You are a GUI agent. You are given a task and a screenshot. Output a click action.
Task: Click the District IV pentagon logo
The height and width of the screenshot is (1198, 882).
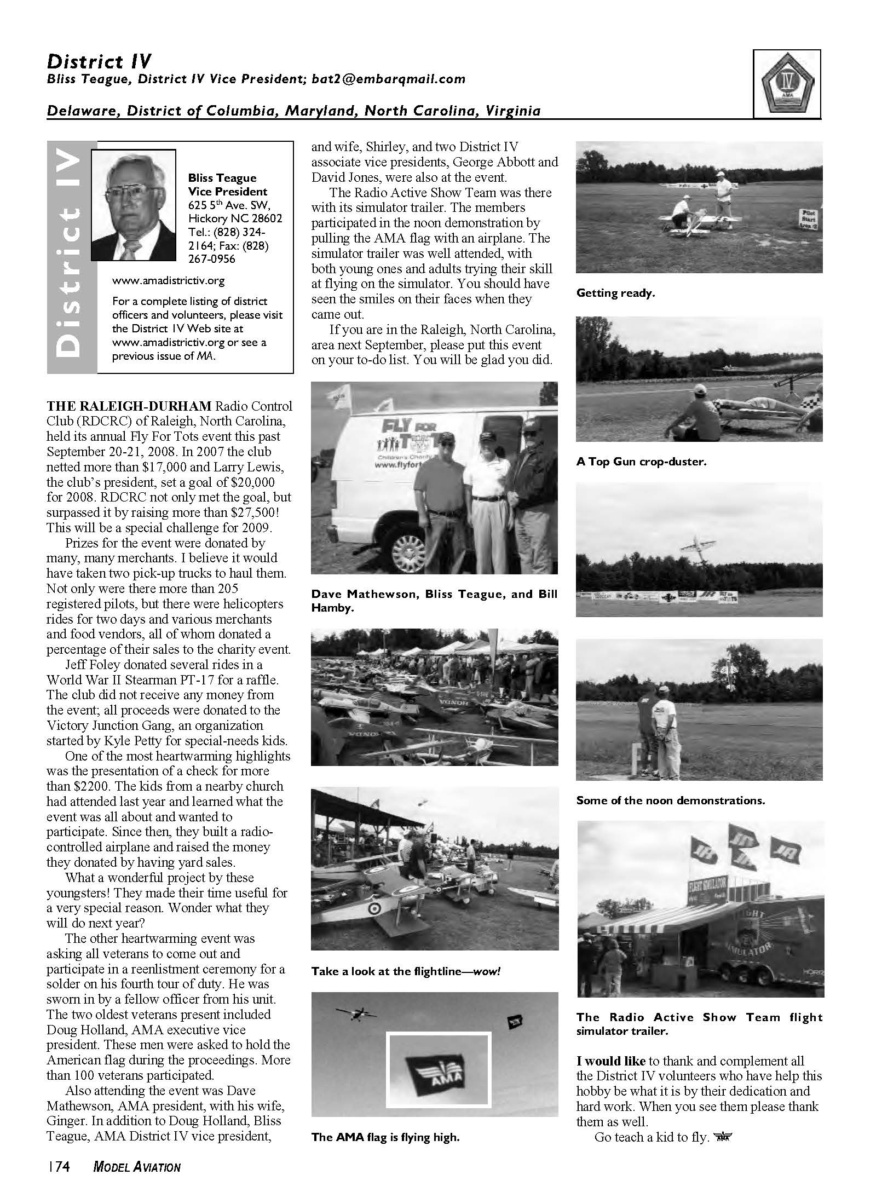[787, 83]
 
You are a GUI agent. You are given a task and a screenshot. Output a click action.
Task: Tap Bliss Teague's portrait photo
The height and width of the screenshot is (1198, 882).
[134, 205]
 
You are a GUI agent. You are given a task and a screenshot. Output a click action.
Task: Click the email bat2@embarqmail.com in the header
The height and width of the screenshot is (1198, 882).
[388, 79]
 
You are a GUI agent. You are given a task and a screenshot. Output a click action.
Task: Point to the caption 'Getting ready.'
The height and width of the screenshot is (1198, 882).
[615, 293]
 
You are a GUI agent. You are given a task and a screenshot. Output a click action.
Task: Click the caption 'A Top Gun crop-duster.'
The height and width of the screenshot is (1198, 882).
[641, 462]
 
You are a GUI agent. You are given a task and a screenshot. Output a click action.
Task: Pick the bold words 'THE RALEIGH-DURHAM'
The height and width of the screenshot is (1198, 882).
[129, 406]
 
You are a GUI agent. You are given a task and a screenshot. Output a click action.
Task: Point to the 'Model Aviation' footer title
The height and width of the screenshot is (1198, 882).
[137, 1167]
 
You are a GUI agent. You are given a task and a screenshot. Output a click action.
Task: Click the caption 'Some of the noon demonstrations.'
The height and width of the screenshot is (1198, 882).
[671, 800]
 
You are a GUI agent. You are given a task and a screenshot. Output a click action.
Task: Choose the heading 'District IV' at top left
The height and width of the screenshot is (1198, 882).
[99, 61]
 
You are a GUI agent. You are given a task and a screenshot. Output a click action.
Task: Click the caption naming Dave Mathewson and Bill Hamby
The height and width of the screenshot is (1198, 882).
[434, 601]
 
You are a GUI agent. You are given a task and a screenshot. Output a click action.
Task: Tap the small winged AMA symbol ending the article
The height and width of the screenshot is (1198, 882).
[723, 1137]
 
